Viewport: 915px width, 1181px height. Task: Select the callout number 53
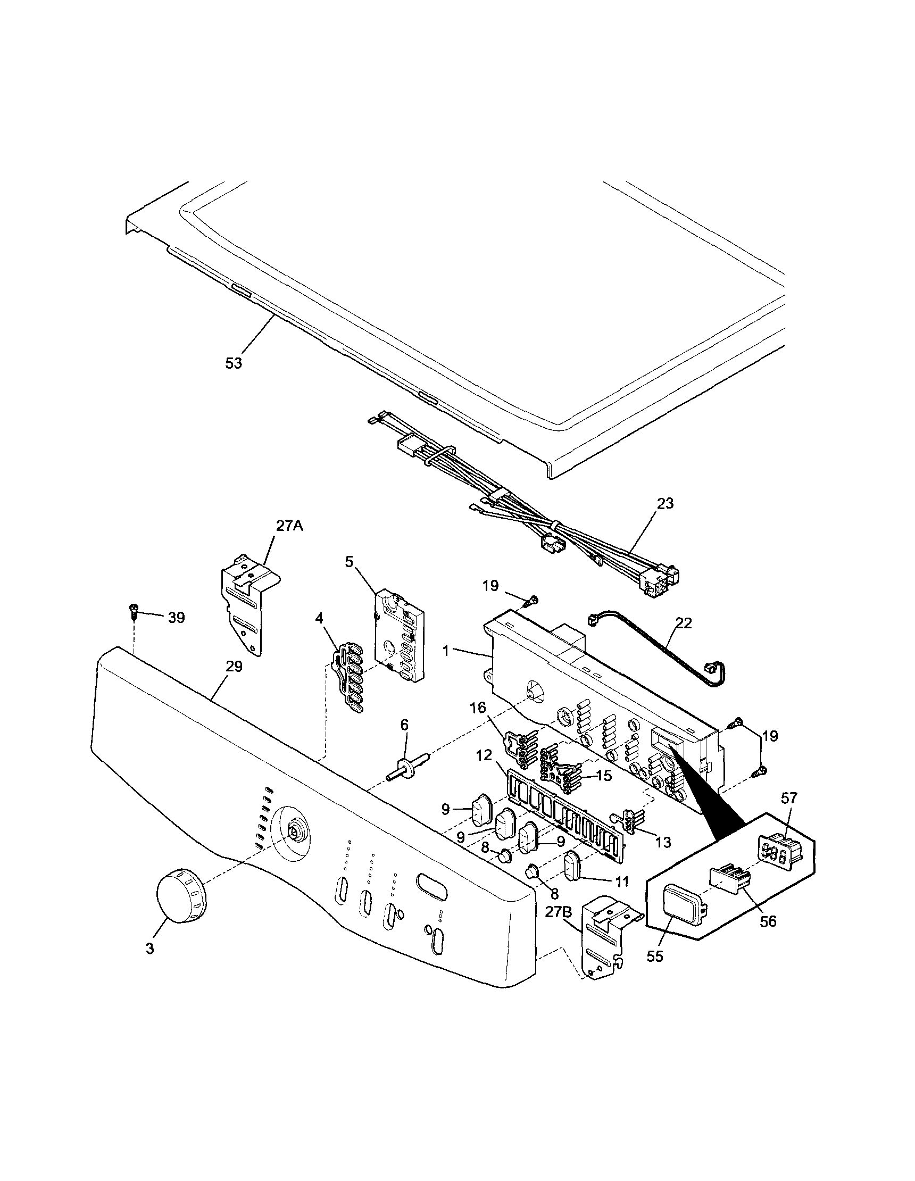234,363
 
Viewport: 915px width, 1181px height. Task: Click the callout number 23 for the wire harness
664,503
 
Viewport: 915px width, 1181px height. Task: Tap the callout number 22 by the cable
684,623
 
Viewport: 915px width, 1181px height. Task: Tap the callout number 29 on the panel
234,666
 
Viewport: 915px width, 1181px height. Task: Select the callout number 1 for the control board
446,651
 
